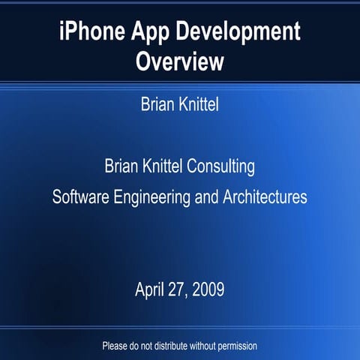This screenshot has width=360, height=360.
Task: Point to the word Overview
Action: tap(180, 61)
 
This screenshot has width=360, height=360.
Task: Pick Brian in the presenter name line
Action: tap(157, 104)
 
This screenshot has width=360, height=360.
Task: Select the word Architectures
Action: tap(265, 198)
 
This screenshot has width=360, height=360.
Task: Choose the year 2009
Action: tap(208, 289)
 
